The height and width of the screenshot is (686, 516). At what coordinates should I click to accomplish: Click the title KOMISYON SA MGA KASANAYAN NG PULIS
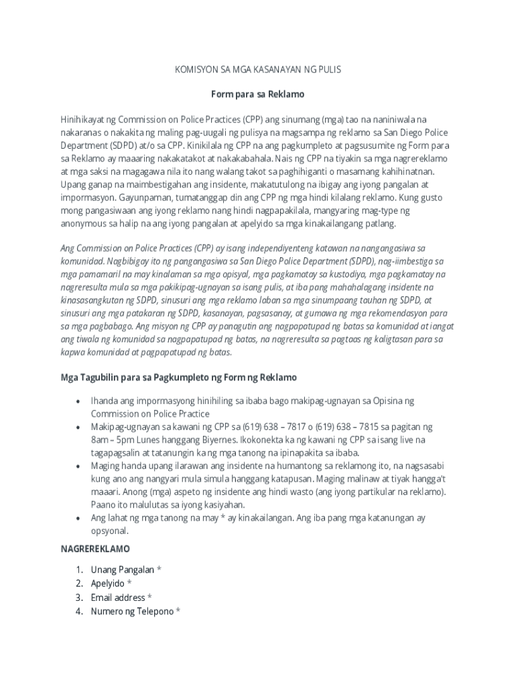point(257,70)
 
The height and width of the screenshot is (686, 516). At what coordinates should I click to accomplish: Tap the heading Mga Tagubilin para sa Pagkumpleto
point(179,377)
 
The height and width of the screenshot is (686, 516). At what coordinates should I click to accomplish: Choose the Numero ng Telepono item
point(132,611)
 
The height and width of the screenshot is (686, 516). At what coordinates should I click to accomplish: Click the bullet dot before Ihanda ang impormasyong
point(78,401)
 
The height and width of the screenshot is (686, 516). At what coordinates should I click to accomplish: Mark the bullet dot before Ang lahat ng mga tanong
point(78,519)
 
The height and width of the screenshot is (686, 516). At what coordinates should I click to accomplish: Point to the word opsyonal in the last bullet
point(110,531)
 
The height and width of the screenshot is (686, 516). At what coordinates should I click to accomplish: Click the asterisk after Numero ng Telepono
point(178,611)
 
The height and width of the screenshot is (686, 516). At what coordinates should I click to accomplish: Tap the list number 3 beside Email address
point(78,598)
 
